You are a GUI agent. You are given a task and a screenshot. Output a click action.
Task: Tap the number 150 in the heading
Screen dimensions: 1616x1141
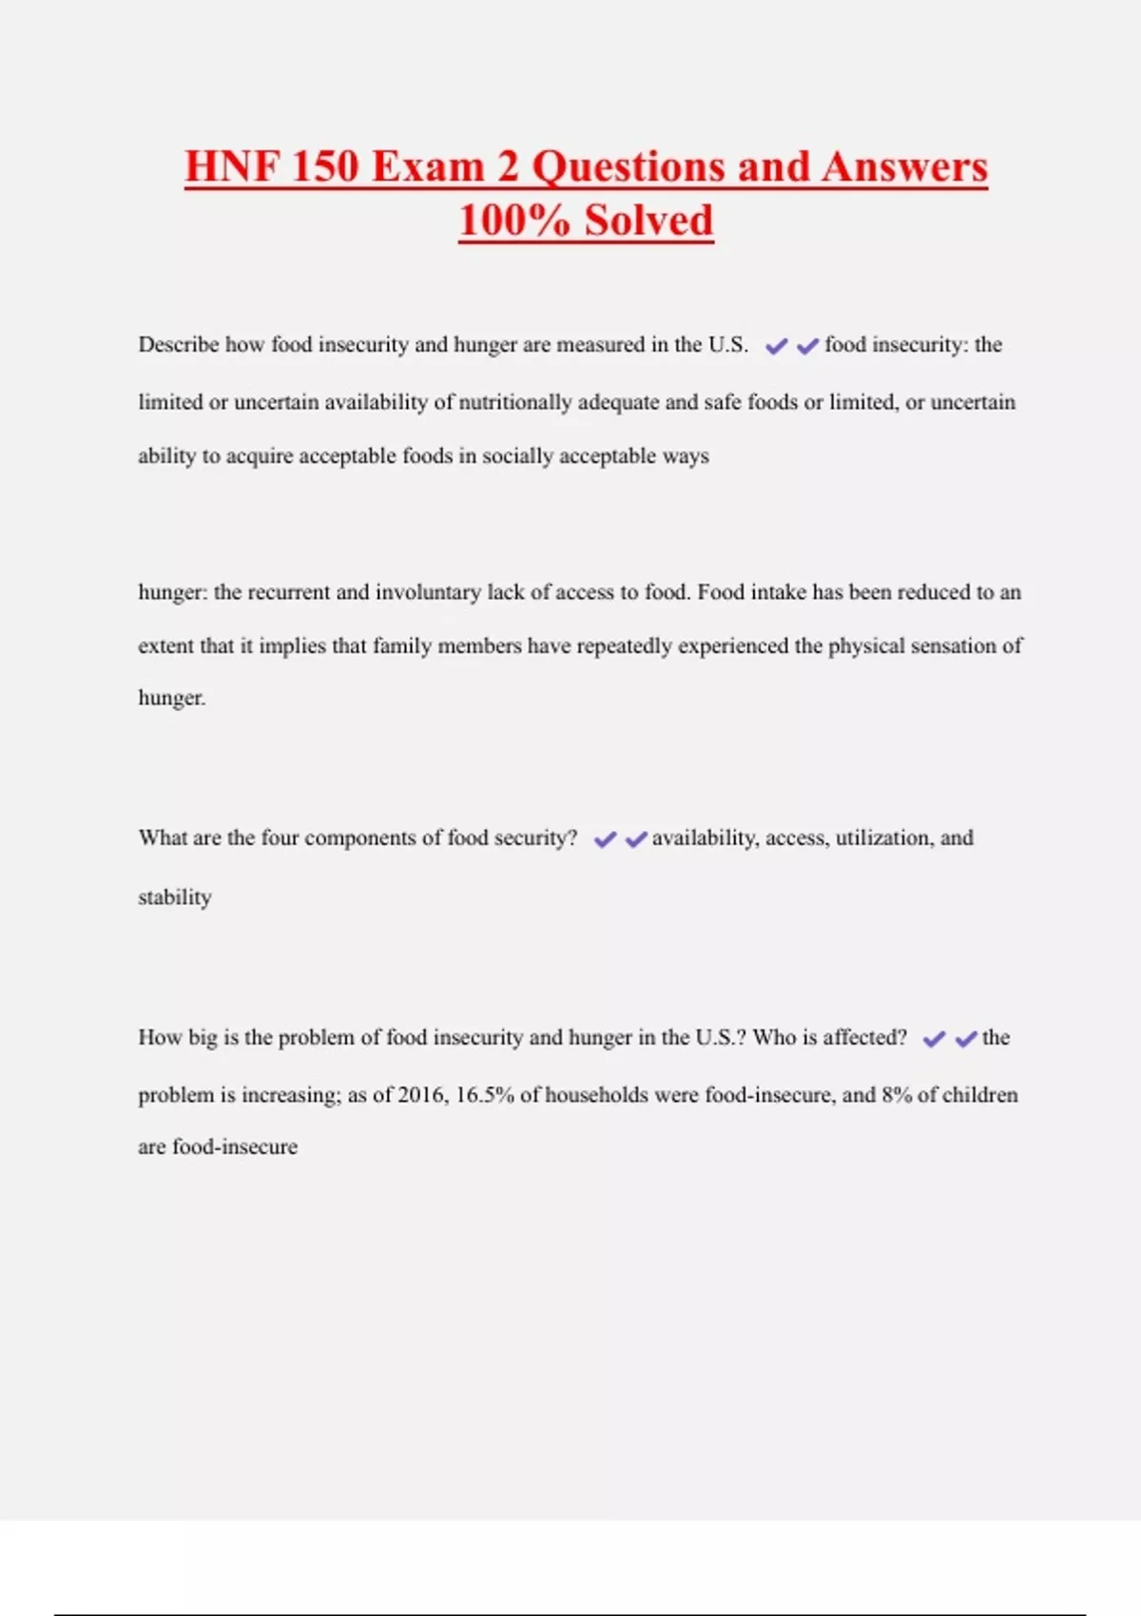tap(323, 166)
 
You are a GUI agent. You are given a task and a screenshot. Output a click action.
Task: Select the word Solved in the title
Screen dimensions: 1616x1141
tap(648, 221)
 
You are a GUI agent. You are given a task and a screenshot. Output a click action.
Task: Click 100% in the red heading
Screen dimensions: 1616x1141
tap(513, 221)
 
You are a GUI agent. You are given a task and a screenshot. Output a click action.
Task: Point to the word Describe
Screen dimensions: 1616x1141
tap(179, 344)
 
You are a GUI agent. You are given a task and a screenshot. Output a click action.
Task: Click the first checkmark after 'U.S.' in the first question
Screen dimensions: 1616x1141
tap(776, 346)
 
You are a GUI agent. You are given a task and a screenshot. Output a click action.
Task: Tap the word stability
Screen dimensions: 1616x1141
tap(175, 897)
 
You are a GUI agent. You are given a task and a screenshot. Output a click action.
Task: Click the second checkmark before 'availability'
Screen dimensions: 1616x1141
tap(636, 839)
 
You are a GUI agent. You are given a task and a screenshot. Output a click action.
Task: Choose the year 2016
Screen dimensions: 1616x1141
tap(421, 1095)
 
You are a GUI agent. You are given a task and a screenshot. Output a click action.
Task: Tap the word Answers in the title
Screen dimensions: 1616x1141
tap(904, 166)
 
